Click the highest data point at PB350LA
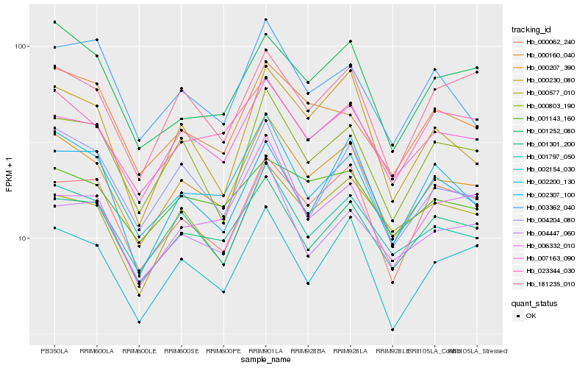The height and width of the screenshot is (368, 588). pos(54,22)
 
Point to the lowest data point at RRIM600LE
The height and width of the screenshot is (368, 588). pos(139,322)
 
